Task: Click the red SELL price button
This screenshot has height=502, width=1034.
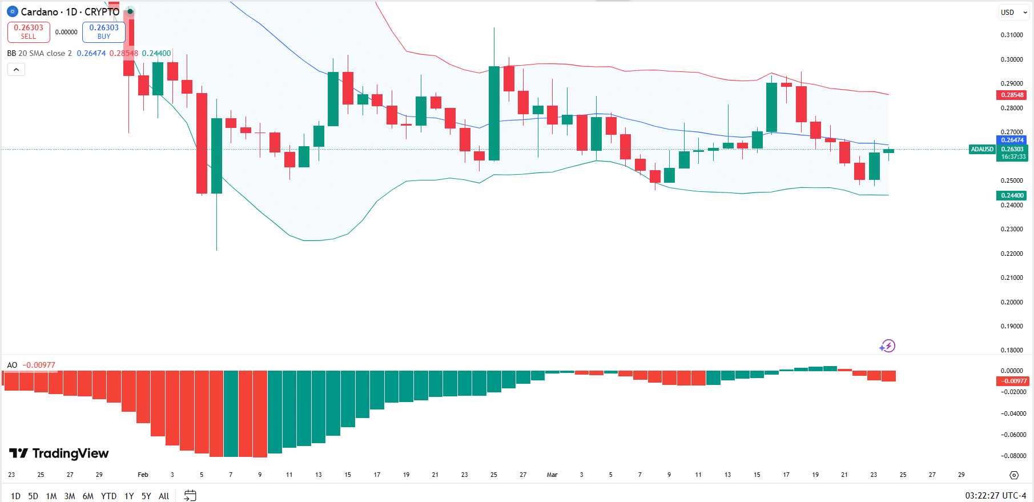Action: pos(29,32)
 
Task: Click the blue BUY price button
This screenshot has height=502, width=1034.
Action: pos(103,32)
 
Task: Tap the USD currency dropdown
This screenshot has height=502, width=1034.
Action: pos(1013,13)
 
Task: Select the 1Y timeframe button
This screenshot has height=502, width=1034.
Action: pos(129,496)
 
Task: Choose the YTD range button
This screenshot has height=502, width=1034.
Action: pos(108,496)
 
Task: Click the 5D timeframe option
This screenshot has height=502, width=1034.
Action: pos(33,496)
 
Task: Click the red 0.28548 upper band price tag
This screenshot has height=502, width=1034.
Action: pos(1012,95)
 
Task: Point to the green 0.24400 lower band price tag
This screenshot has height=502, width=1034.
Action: pos(1012,195)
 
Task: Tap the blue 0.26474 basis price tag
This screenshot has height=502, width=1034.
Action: pos(1012,140)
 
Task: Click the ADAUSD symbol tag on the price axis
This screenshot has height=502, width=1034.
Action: pos(982,149)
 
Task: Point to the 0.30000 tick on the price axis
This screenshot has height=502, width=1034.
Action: pos(1012,59)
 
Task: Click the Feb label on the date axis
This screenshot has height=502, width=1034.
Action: pos(143,475)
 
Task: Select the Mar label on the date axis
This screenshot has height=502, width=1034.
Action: pos(552,475)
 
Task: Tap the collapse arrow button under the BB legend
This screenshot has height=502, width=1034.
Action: pos(16,70)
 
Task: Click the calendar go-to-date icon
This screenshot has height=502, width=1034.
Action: pos(190,495)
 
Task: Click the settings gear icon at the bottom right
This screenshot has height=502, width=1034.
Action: pos(1014,475)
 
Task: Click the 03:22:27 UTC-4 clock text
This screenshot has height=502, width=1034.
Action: pos(995,496)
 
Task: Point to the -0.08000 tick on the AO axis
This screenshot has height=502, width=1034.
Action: pos(1013,456)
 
